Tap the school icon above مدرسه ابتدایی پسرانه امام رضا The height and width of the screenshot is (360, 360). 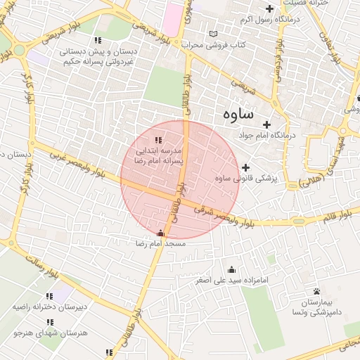158,141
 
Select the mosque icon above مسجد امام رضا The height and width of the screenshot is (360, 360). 161,233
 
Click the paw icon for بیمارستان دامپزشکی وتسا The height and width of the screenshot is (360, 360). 316,291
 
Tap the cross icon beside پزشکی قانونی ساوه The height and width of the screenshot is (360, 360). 245,167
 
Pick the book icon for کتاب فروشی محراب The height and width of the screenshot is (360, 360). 214,34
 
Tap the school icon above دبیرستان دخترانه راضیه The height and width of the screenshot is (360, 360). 49,296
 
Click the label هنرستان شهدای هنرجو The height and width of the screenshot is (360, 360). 53,333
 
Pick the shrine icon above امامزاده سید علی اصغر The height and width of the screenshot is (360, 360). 232,269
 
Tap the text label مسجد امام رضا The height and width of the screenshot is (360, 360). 161,243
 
